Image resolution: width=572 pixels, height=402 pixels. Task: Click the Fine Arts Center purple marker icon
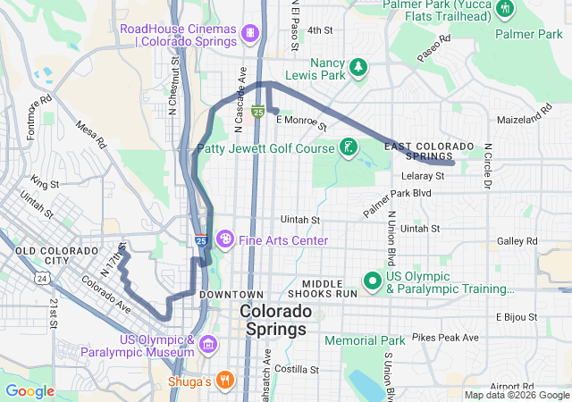[225, 239]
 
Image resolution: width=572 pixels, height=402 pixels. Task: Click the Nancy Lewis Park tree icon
[357, 67]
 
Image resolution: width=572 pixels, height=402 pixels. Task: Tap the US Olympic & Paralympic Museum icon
[208, 344]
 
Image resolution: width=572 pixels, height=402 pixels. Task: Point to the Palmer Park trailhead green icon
[506, 9]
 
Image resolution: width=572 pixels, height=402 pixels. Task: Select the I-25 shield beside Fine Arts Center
[201, 241]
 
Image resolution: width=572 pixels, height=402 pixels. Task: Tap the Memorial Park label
[365, 340]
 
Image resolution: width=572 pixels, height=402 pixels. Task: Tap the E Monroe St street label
[302, 120]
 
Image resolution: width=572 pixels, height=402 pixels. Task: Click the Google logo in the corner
[30, 391]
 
